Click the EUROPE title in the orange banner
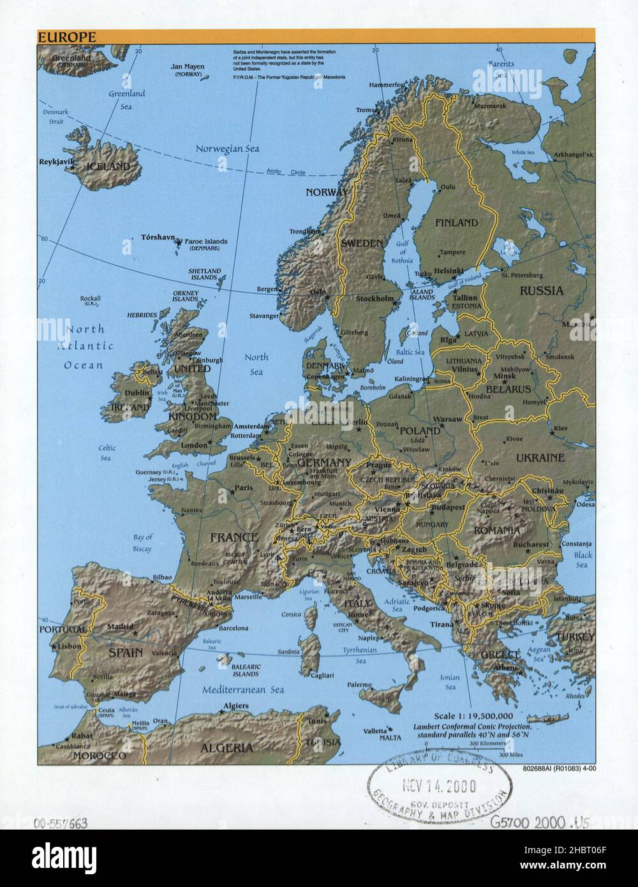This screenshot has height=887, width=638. pyautogui.click(x=67, y=38)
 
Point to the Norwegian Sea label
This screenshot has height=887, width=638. pyautogui.click(x=228, y=149)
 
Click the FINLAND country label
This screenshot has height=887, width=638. pyautogui.click(x=456, y=223)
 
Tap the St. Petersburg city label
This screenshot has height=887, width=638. pyautogui.click(x=522, y=275)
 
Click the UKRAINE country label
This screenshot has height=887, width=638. pyautogui.click(x=540, y=458)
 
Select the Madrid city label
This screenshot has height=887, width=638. pyautogui.click(x=119, y=626)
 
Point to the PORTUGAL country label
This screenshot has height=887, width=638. pyautogui.click(x=63, y=629)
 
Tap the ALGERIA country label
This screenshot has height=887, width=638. pyautogui.click(x=226, y=748)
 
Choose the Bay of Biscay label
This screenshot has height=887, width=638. pyautogui.click(x=142, y=543)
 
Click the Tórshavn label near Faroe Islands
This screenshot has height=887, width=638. pyautogui.click(x=158, y=237)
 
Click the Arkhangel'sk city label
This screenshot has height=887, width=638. pyautogui.click(x=573, y=155)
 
